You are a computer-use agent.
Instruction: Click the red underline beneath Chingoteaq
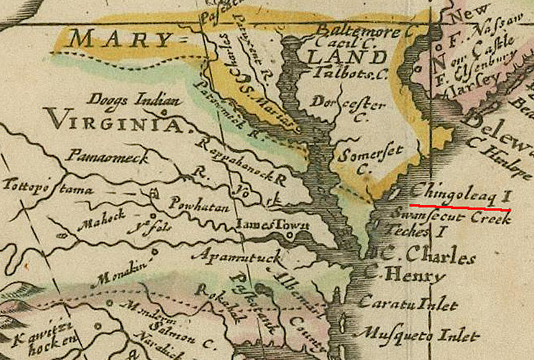tap(459, 207)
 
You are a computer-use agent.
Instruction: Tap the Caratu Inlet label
tap(407, 304)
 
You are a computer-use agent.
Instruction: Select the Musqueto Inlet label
tap(408, 335)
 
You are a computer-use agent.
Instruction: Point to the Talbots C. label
tap(347, 73)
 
